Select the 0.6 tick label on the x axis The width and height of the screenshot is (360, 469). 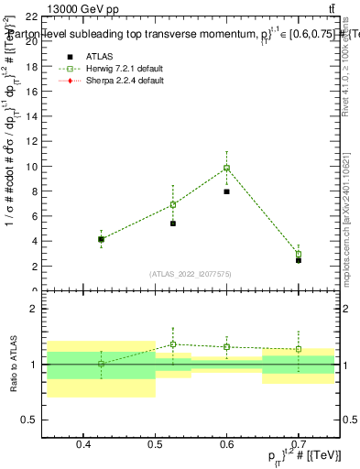(x=226, y=445)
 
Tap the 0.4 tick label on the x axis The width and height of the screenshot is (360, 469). (x=83, y=445)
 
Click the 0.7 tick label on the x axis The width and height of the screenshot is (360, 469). (x=298, y=445)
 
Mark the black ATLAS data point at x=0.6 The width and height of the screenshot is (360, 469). (x=226, y=191)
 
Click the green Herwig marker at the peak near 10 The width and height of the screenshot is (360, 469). (x=226, y=168)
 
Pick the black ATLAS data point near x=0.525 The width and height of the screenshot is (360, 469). (x=172, y=223)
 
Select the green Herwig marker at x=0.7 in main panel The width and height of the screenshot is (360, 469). (x=298, y=254)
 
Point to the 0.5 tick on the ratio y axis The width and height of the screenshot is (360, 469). (x=46, y=420)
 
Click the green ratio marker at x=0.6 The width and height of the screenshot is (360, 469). (x=226, y=347)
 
